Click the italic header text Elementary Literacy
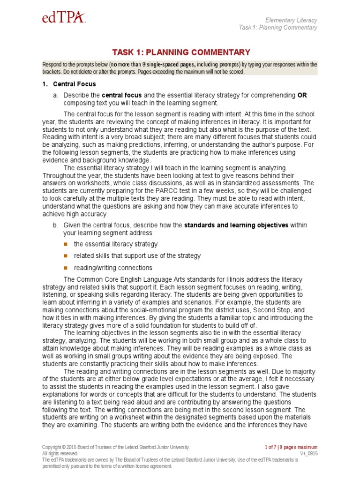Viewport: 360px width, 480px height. click(x=291, y=20)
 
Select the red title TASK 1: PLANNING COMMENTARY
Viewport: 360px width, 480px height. click(x=180, y=52)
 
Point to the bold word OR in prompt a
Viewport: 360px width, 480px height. click(x=302, y=95)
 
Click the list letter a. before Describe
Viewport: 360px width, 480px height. click(x=55, y=95)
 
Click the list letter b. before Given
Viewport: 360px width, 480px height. click(x=55, y=225)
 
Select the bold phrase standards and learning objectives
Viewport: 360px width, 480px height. click(x=236, y=225)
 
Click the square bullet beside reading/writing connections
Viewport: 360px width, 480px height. click(x=65, y=268)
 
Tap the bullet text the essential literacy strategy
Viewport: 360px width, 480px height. click(x=115, y=244)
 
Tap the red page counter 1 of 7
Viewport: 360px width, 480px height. click(x=274, y=447)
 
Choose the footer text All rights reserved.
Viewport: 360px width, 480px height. click(x=60, y=454)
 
